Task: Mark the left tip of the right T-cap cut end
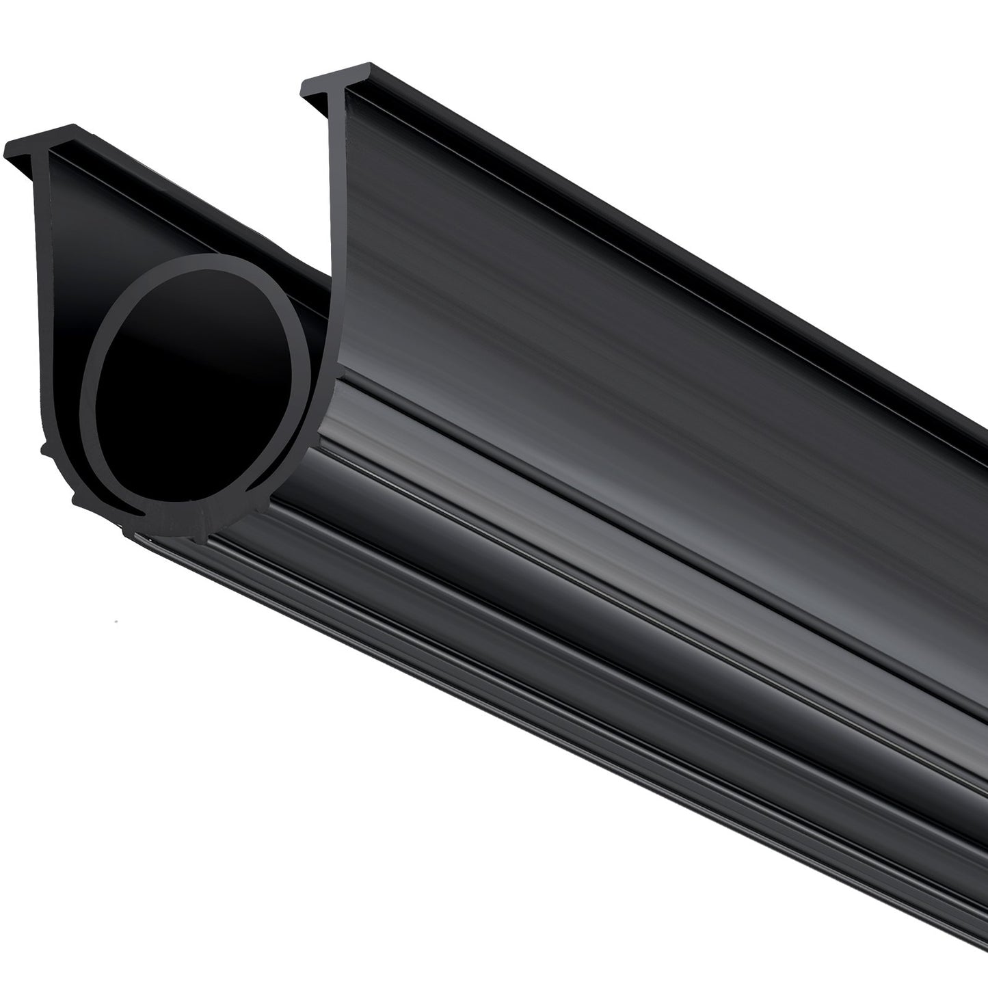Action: [304, 85]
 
